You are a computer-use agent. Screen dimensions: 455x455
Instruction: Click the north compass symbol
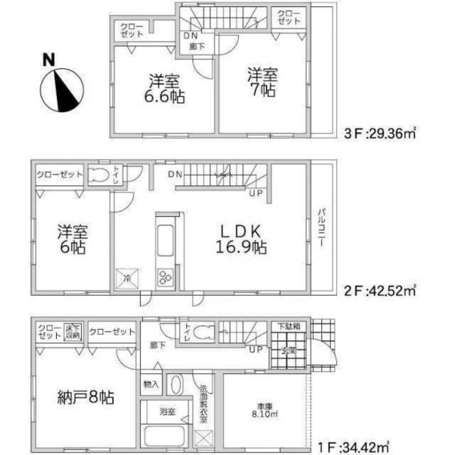pyautogui.click(x=61, y=89)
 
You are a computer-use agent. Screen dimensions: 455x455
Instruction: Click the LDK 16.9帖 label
pyautogui.click(x=241, y=240)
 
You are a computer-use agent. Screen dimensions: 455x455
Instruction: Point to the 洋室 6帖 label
pyautogui.click(x=72, y=241)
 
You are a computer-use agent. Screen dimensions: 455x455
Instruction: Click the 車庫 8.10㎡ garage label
pyautogui.click(x=261, y=409)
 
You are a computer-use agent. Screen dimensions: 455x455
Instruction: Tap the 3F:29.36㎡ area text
pyautogui.click(x=380, y=135)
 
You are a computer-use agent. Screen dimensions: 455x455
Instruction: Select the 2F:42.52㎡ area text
pyautogui.click(x=380, y=289)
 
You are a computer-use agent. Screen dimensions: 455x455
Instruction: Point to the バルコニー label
pyautogui.click(x=322, y=227)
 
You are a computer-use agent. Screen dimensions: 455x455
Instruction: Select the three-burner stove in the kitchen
pyautogui.click(x=165, y=277)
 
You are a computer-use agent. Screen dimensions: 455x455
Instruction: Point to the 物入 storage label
pyautogui.click(x=151, y=385)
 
